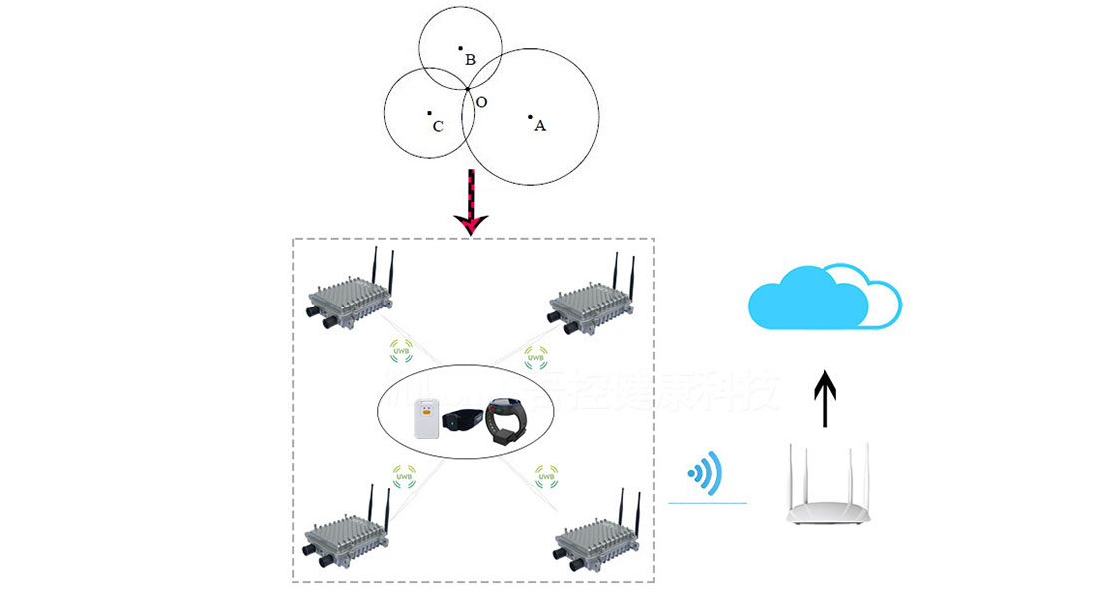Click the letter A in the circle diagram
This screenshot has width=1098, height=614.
540,126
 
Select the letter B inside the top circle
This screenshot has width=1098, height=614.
470,60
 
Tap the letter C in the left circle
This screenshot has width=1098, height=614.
438,127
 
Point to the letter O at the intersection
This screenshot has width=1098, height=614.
481,102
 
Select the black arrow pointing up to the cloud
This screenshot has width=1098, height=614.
824,396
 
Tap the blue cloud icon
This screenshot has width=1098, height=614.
824,297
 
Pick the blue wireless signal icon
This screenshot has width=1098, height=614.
705,471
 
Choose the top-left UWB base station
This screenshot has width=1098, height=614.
348,296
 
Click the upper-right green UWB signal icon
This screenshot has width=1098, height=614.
536,353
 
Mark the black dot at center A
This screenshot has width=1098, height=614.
530,117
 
